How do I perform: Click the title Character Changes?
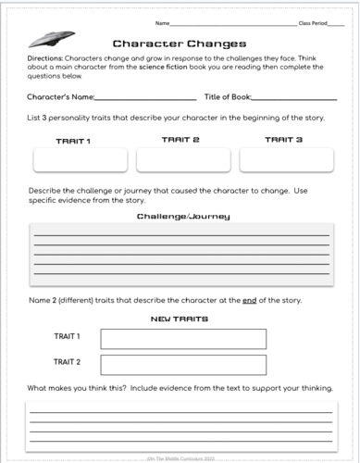tap(179, 44)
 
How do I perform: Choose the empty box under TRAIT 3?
tap(285, 160)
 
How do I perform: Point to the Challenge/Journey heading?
tap(183, 216)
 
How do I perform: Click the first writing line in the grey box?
tap(181, 235)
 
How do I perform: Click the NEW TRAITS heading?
tap(179, 319)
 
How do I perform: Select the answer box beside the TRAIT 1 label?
tap(182, 339)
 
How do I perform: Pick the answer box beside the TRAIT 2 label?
tap(182, 364)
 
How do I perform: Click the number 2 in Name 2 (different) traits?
tap(56, 301)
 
